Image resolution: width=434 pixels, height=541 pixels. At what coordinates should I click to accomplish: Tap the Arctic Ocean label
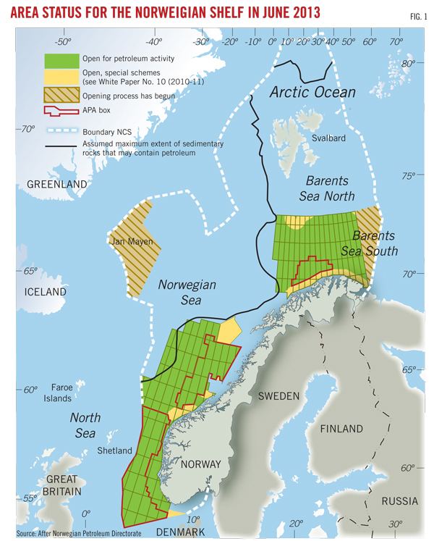312,92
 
